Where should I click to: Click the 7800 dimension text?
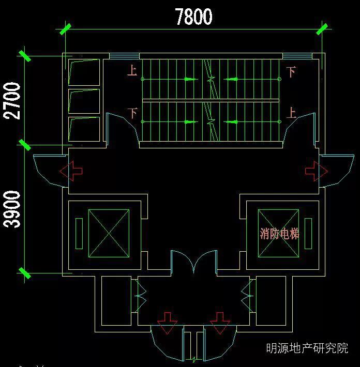(x=193, y=17)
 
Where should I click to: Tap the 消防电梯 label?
(x=279, y=234)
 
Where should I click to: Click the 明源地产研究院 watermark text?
(x=307, y=348)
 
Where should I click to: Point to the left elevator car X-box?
(x=109, y=233)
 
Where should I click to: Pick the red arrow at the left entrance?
(x=71, y=171)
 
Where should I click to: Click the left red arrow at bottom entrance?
(x=167, y=323)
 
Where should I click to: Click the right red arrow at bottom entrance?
(x=220, y=323)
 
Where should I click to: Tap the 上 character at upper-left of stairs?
(x=132, y=70)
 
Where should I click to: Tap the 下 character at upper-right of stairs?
(x=291, y=72)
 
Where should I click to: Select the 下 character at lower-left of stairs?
(x=133, y=113)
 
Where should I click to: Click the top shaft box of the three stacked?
(x=84, y=72)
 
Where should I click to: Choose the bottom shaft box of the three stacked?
(x=84, y=129)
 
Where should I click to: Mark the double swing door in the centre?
(x=194, y=262)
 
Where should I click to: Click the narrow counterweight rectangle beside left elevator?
(x=79, y=233)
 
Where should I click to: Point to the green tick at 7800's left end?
(x=65, y=29)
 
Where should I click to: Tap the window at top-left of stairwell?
(x=124, y=56)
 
